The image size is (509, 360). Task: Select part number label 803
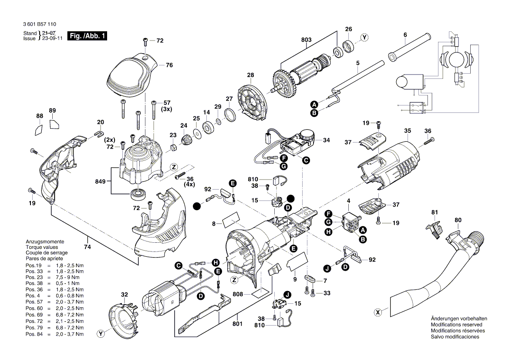307,40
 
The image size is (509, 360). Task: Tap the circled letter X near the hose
378,312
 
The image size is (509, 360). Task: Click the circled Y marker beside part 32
101,334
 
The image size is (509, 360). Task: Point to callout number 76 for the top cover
169,65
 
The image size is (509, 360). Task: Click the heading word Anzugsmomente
45,241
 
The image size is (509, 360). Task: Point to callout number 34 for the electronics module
326,140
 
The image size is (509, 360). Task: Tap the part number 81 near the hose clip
434,212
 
